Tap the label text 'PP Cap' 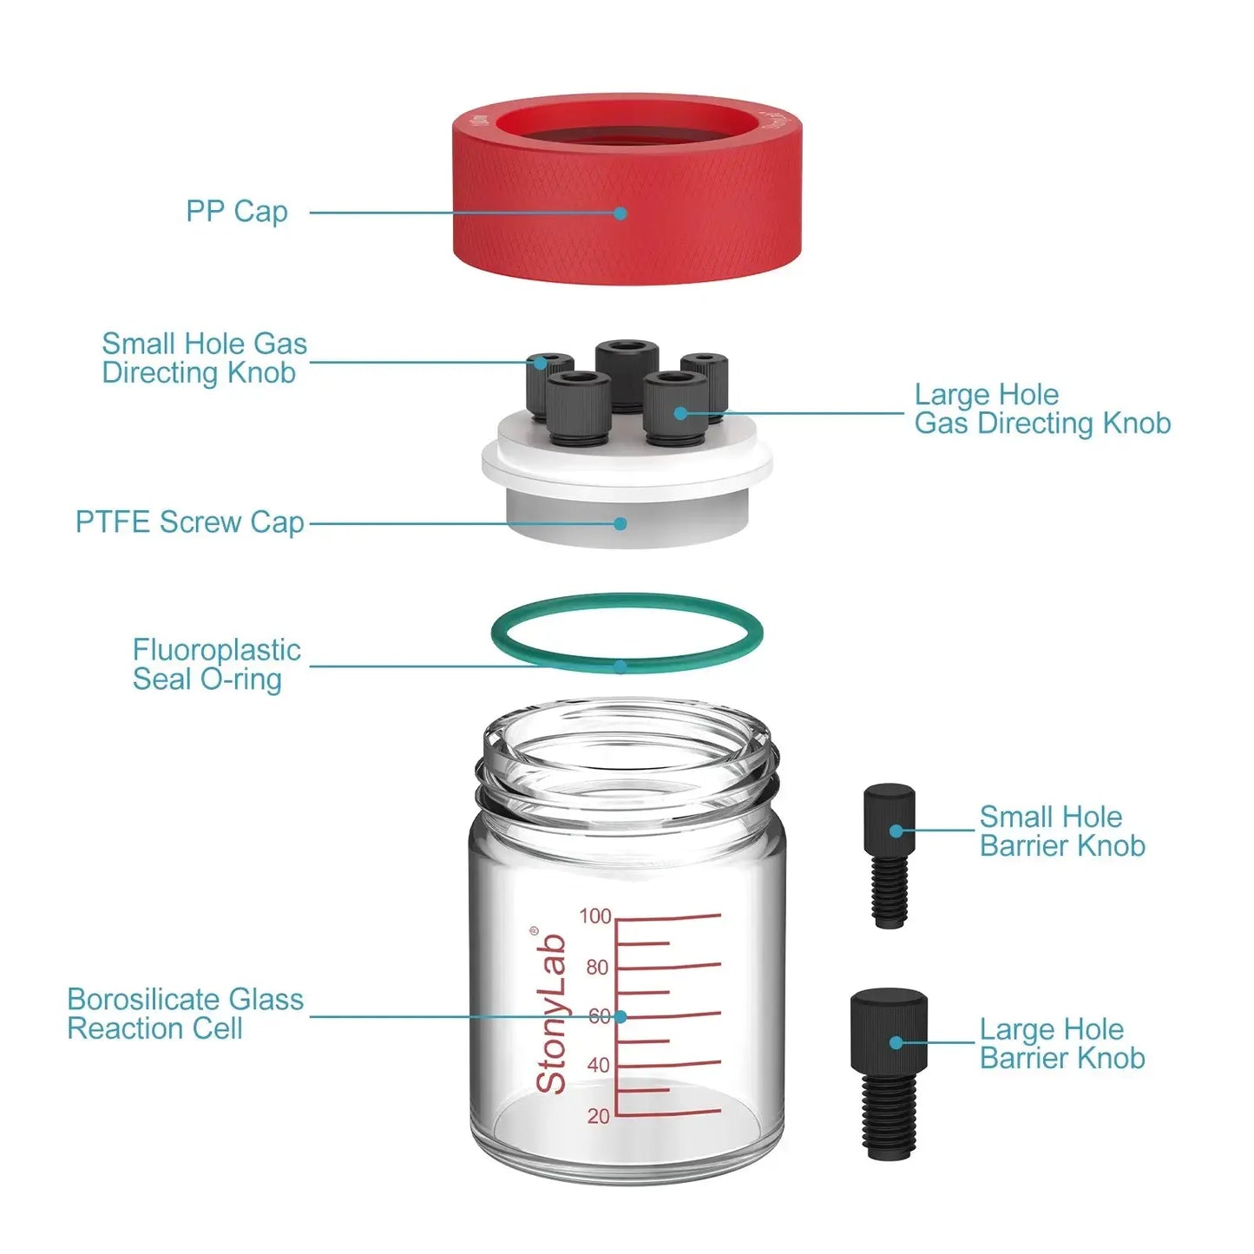(236, 212)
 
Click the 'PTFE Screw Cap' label (189, 522)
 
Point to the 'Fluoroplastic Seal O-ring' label (215, 665)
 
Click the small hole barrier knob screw (890, 855)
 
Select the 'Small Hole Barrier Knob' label (1061, 831)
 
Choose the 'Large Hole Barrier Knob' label (1061, 1044)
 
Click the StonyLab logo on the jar (550, 1012)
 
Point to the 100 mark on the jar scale (595, 916)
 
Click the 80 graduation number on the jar (597, 968)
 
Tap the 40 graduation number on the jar (598, 1066)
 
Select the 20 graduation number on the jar (598, 1116)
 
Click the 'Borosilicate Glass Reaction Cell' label (185, 1014)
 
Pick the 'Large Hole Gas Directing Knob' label (1041, 409)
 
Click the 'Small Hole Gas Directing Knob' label (204, 358)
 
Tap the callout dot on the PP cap (620, 213)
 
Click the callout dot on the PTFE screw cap (620, 523)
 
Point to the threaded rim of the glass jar (627, 777)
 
